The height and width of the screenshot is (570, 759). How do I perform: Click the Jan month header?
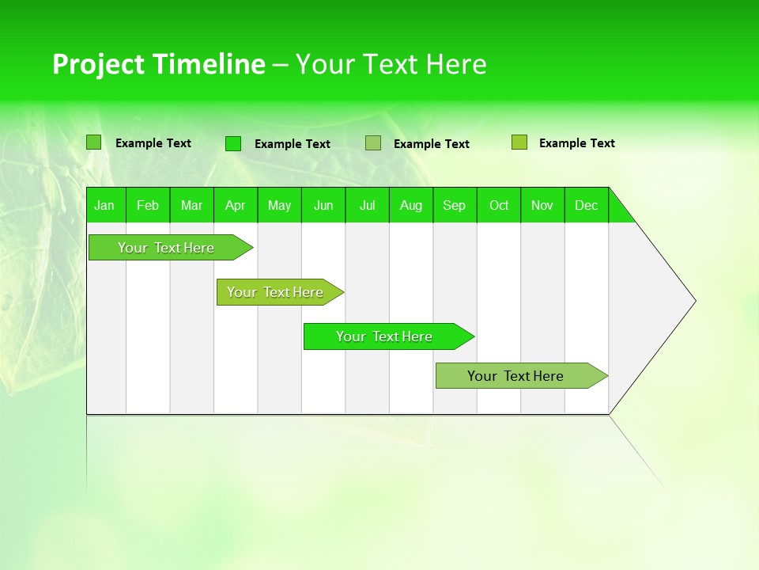104,205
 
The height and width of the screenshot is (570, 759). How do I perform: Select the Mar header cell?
191,205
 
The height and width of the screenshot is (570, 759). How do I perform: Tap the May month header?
279,205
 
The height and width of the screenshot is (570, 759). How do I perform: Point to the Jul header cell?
367,205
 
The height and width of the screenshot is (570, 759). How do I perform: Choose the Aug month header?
410,205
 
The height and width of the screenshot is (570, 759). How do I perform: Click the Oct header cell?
498,205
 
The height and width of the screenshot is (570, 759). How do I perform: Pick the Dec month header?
586,205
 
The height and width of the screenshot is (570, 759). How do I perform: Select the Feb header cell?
148,205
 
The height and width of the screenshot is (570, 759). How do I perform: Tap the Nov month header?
542,205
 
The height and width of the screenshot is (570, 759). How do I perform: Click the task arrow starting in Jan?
167,248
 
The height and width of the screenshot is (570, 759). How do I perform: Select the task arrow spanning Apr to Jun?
276,292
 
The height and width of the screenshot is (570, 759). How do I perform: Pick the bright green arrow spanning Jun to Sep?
385,336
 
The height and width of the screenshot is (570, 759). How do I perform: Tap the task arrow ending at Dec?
516,376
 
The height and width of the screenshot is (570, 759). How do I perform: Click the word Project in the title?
98,64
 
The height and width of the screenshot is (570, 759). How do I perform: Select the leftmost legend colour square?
94,142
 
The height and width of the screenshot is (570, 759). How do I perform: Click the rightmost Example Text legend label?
576,143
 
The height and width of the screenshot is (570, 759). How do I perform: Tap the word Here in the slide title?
457,64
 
